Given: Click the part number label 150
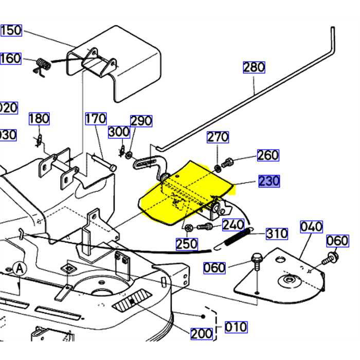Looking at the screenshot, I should [x=11, y=30].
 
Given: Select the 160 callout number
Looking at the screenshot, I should [x=10, y=58].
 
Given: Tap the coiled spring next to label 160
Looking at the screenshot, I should [x=43, y=66].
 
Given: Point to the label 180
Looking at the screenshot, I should [x=39, y=119].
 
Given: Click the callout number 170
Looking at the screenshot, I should [x=95, y=119].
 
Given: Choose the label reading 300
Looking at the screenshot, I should [x=119, y=132].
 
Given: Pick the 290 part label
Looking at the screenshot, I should [x=141, y=121].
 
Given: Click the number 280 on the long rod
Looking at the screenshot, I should [x=254, y=67].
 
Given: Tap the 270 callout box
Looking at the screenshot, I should [x=218, y=137].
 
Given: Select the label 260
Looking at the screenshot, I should [x=268, y=155].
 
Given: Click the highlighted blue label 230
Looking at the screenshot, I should [x=269, y=182].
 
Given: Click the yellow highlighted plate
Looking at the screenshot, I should [x=180, y=195].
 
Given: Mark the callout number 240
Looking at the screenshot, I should [x=233, y=225].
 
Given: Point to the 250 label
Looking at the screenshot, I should [x=187, y=244].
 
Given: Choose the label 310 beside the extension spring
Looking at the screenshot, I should [x=277, y=234].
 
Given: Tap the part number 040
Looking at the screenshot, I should [x=312, y=226].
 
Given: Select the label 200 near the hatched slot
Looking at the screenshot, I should [x=201, y=333].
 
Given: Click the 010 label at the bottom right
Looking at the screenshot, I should [x=236, y=327].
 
